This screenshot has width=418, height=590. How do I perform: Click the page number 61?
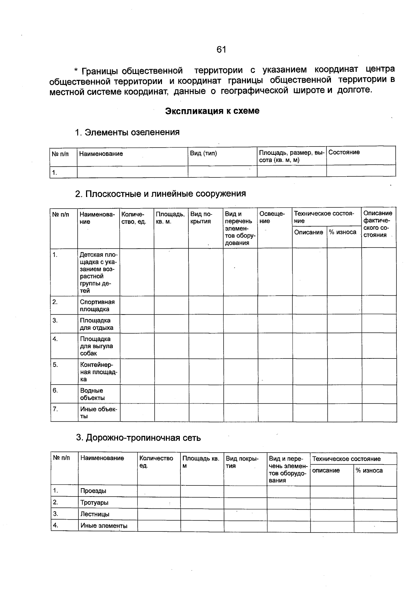click(x=221, y=50)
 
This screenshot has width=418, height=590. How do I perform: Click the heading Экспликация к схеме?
click(x=212, y=111)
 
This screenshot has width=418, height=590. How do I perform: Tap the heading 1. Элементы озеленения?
click(x=127, y=132)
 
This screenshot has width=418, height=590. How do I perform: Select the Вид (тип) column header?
click(x=203, y=153)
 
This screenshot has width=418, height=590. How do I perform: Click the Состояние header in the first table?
click(x=344, y=152)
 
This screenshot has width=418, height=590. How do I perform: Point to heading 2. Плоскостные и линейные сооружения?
click(x=161, y=194)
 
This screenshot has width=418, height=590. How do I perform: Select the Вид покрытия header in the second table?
click(x=201, y=218)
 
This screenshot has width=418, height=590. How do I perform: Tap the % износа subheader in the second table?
click(x=343, y=232)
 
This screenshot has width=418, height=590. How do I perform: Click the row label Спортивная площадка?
click(x=97, y=305)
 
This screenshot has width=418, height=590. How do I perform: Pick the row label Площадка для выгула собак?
click(x=96, y=346)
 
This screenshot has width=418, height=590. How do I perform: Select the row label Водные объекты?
click(x=92, y=394)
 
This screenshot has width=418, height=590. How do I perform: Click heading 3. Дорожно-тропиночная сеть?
click(x=138, y=438)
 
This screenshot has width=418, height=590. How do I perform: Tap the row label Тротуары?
click(x=94, y=502)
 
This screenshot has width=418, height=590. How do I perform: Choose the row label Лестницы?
click(x=95, y=514)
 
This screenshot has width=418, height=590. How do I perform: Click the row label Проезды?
click(x=93, y=491)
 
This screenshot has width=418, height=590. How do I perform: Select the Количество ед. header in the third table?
click(x=156, y=462)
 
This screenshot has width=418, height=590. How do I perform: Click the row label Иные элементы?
click(x=104, y=526)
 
